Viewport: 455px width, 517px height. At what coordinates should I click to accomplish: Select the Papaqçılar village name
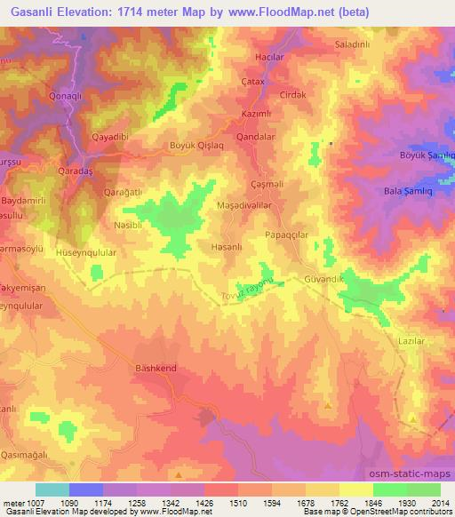285,235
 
